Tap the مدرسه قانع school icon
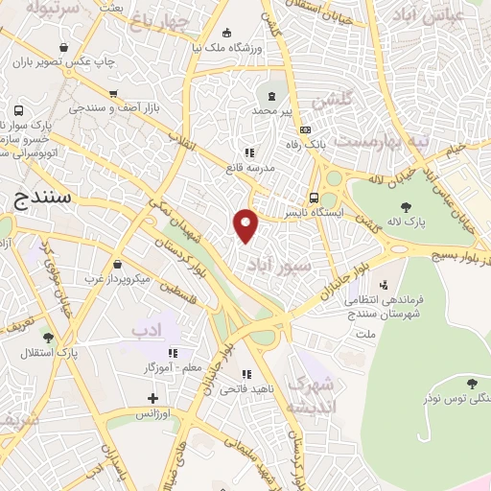click(x=249, y=152)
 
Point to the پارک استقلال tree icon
click(x=47, y=337)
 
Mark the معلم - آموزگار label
click(x=145, y=368)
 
